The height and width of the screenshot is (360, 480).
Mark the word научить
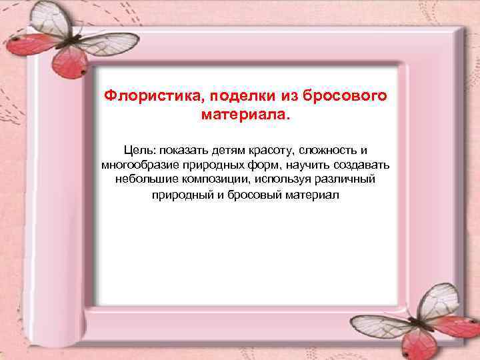tap(303, 165)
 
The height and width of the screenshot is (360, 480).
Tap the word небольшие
tap(137, 179)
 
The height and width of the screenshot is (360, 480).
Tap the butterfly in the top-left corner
tap(50, 40)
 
